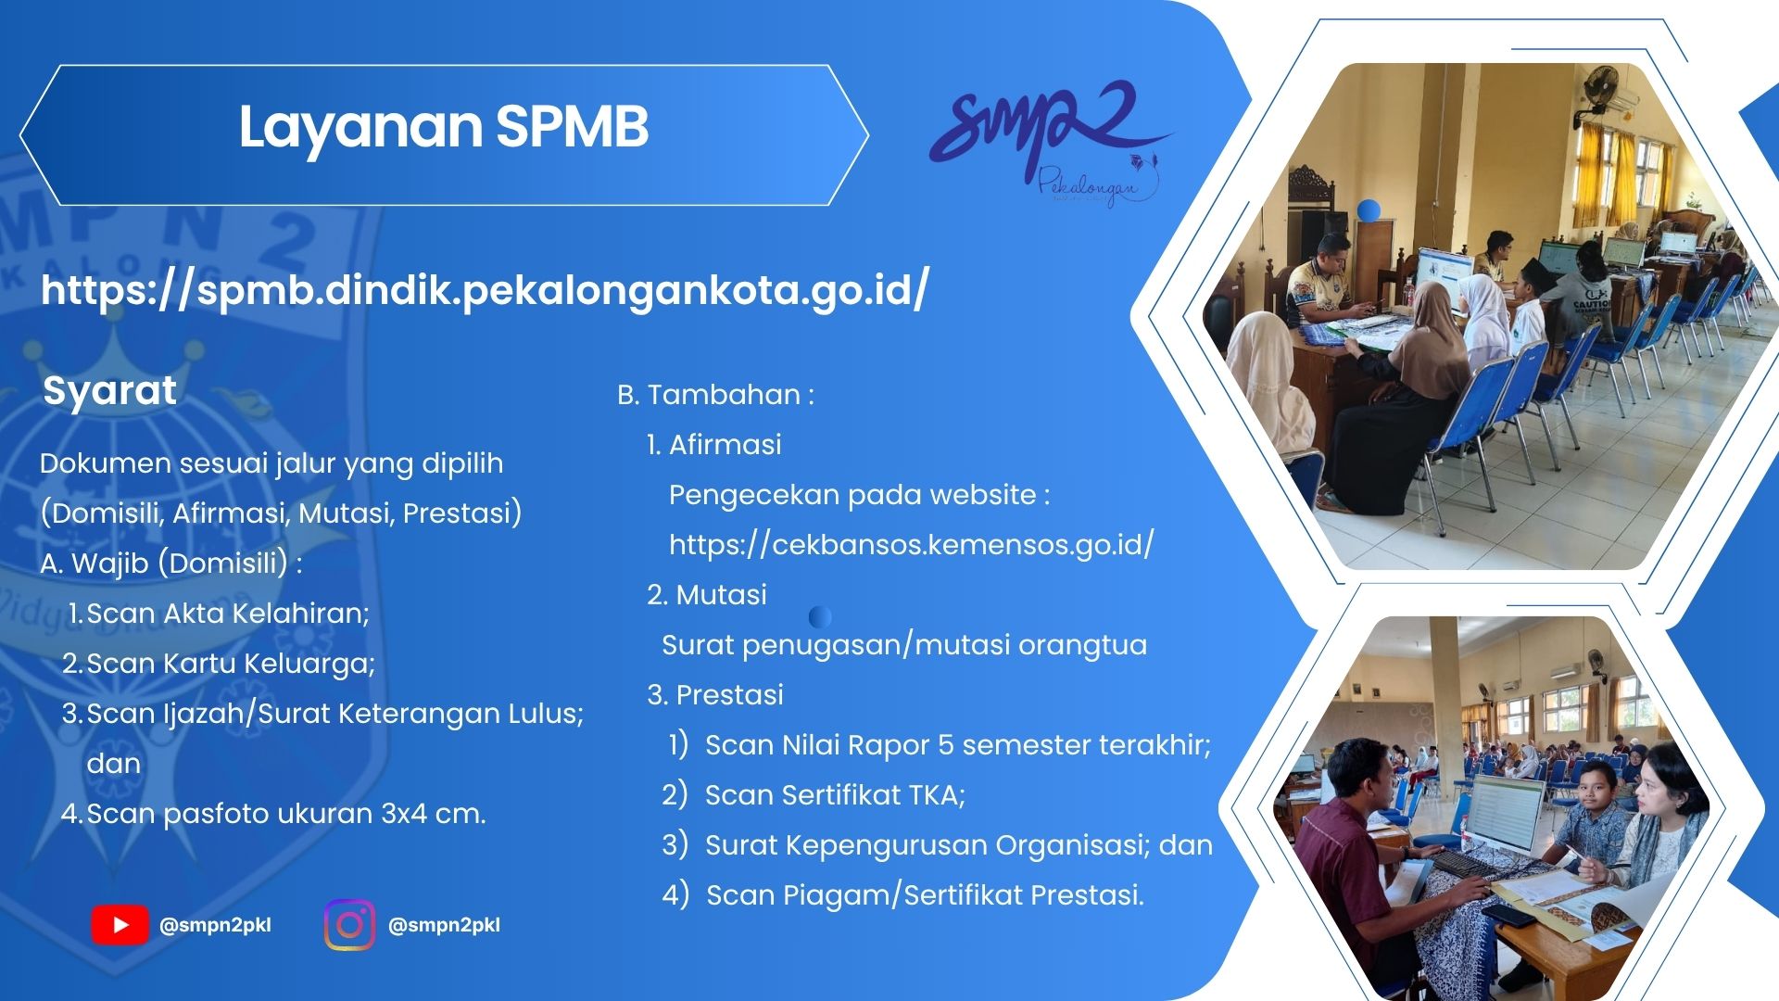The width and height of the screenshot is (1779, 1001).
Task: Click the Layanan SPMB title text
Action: [444, 128]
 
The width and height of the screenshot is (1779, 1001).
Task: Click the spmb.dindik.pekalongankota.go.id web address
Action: [485, 290]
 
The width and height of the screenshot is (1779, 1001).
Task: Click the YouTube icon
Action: [120, 925]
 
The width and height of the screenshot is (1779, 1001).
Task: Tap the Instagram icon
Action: [350, 925]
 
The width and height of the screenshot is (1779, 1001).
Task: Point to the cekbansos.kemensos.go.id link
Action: [912, 544]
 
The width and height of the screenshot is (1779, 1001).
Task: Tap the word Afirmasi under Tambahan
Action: [725, 445]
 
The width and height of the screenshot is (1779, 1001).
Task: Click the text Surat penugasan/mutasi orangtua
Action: [904, 645]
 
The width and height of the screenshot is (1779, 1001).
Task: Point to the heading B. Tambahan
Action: [715, 395]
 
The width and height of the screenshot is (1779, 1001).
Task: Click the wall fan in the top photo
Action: [1600, 95]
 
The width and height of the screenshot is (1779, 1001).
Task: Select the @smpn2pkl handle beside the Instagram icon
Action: [444, 925]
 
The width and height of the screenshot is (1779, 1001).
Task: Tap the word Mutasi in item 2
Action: [722, 595]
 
